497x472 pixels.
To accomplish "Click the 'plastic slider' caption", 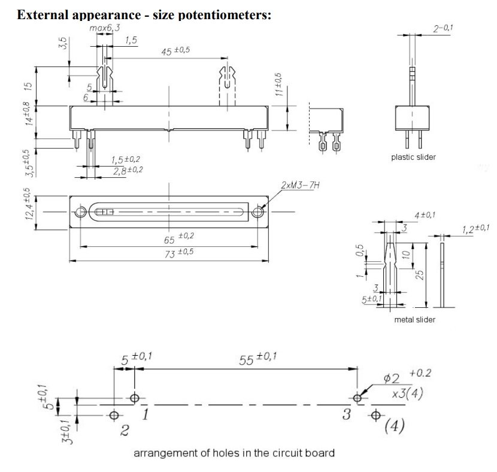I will point(413,158).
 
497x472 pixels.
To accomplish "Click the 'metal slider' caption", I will point(414,319).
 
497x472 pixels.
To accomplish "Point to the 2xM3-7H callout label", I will point(300,186).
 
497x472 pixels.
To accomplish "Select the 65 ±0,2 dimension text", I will point(179,238).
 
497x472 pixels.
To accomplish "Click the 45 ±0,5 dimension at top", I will point(176,51).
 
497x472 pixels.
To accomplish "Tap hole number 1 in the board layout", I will point(135,397).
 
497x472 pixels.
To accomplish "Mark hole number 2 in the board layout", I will point(114,414).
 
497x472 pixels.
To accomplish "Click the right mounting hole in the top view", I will point(259,212).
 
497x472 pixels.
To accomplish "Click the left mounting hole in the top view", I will point(80,212).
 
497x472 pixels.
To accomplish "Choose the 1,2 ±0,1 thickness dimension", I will point(476,228).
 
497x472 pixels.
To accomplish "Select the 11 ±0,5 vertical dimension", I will point(279,85).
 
